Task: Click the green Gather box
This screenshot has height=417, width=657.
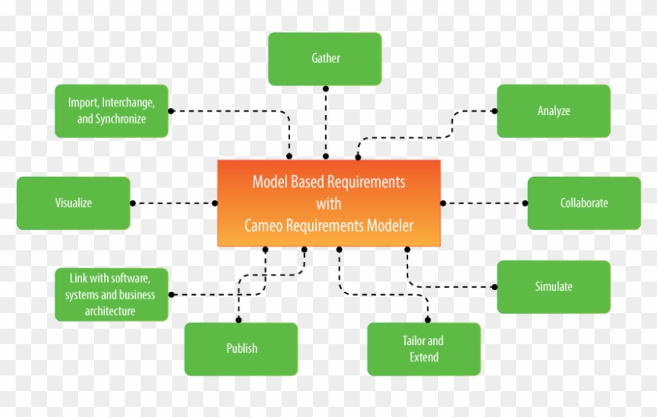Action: coord(325,59)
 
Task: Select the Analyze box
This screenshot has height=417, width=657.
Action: coord(554,111)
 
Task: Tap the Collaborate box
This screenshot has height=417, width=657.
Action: coord(583,203)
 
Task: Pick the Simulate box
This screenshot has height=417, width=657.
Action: coord(554,286)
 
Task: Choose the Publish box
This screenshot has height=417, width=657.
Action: coord(242,348)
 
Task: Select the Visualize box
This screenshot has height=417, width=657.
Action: coord(74,203)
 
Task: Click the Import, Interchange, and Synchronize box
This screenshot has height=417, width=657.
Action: coord(112,111)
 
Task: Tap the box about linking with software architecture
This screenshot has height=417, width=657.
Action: coord(111,294)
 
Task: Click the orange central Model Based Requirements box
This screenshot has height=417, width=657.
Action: coord(328,203)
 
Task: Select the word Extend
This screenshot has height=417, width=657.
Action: coord(424,358)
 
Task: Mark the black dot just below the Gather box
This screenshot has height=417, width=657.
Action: coord(325,88)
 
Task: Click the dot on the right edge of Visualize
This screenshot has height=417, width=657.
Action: coord(131,203)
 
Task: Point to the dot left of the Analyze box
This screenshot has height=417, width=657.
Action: coord(494,110)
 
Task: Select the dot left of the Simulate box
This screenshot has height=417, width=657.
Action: coord(494,286)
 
